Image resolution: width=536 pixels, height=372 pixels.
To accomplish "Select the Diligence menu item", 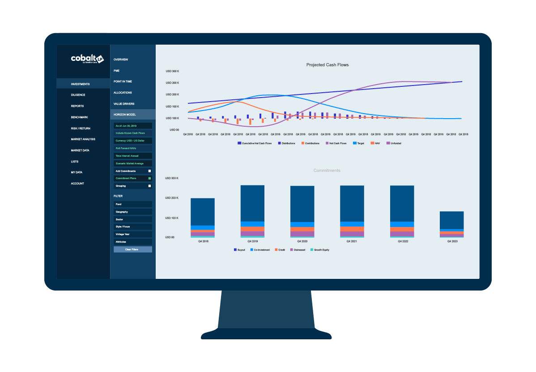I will (78, 95).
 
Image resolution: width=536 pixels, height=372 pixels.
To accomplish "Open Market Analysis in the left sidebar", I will (83, 139).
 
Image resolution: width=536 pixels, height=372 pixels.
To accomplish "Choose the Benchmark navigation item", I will (79, 117).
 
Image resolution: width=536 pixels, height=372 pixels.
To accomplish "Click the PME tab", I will (116, 71).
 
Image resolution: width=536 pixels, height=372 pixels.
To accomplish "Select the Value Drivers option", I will (123, 103).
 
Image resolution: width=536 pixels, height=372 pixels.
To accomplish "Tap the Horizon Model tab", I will (124, 115).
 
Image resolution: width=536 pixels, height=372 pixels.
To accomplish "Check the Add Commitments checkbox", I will (150, 171).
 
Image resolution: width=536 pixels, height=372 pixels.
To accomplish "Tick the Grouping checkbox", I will (150, 186).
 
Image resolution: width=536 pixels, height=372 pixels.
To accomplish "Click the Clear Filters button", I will (132, 249).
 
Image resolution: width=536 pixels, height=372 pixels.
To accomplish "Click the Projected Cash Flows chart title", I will (327, 65).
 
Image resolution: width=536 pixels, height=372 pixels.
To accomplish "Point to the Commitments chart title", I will (327, 171).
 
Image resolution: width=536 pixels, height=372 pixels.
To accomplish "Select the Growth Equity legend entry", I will (321, 250).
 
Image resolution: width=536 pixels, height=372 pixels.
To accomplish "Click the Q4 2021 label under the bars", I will (352, 241).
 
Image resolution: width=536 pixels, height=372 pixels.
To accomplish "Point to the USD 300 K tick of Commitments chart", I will (172, 178).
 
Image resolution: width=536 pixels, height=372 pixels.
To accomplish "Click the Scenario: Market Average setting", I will (132, 163).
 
